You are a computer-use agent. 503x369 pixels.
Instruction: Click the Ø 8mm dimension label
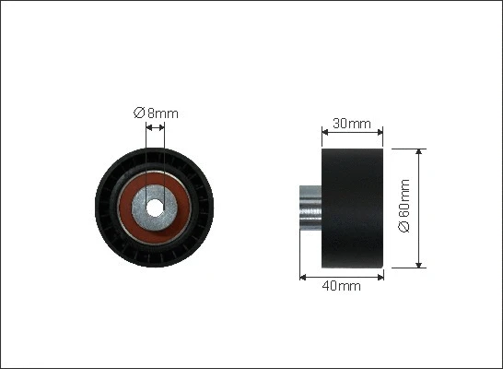(x=156, y=113)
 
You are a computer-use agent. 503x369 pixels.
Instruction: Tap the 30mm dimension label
(x=352, y=124)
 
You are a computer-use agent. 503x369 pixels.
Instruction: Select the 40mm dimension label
(x=341, y=285)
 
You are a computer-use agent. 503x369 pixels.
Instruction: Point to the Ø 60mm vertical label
(x=404, y=206)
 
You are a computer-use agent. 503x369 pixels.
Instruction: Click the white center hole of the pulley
(x=155, y=208)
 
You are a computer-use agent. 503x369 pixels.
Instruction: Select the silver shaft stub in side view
(x=310, y=208)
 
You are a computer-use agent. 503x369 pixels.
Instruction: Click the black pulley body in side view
(x=353, y=208)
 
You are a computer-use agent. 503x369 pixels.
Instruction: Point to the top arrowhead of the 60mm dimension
(x=418, y=152)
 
